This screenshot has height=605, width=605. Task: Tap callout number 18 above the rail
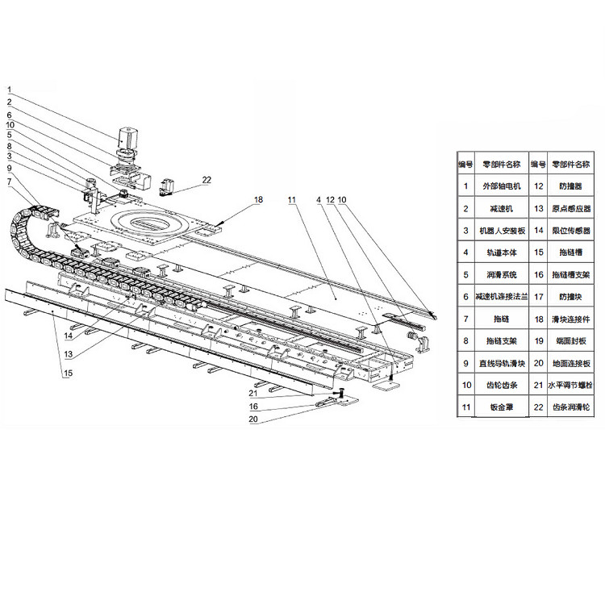coord(258,198)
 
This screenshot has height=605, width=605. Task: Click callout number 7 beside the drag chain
coord(9,182)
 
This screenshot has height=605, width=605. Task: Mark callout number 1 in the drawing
coord(9,90)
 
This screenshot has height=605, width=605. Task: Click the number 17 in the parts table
coord(539,297)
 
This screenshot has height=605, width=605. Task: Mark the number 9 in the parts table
coord(466,364)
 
